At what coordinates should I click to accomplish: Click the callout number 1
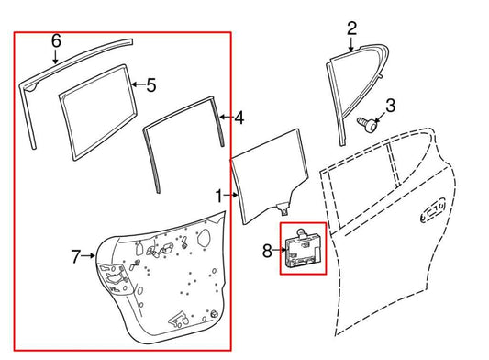click(219, 197)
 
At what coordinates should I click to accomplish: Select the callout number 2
click(351, 28)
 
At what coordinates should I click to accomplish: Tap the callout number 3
click(390, 106)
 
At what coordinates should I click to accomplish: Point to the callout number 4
click(239, 118)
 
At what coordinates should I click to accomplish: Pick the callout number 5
click(151, 84)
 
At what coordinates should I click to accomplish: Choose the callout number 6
click(56, 41)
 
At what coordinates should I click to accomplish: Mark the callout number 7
click(76, 256)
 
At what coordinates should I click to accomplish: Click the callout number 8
click(267, 251)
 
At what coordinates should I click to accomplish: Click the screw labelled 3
click(367, 125)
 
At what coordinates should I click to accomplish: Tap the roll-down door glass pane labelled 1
click(270, 175)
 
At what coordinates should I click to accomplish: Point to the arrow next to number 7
click(88, 255)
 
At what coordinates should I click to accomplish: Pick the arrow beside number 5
click(139, 84)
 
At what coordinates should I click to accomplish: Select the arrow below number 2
click(351, 44)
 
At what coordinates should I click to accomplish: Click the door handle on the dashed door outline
click(433, 210)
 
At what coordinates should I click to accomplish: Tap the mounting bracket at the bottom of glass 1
click(283, 208)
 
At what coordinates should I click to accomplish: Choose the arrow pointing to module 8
click(280, 250)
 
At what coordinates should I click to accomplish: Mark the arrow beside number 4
click(227, 117)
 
